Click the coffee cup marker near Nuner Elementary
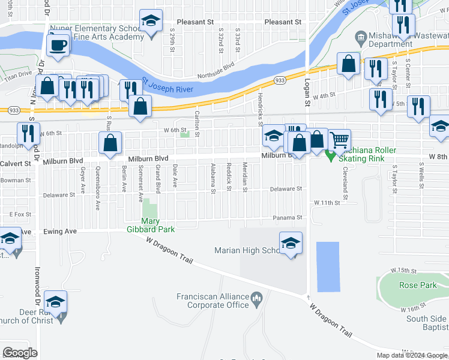click(x=58, y=46)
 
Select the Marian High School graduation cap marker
click(x=291, y=243)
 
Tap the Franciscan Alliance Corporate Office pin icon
click(x=257, y=297)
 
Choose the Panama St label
click(x=286, y=217)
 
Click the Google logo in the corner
click(x=20, y=353)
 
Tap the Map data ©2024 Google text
click(x=412, y=355)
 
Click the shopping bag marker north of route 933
click(x=348, y=64)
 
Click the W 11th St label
click(x=327, y=203)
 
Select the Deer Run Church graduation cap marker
click(x=56, y=302)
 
